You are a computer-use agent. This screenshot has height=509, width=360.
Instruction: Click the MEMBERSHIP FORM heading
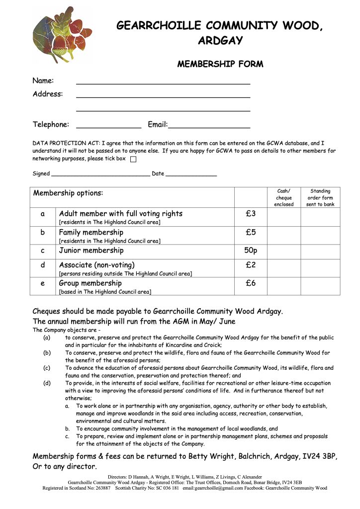pyautogui.click(x=220, y=64)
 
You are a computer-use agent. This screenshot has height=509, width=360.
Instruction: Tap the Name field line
pyautogui.click(x=163, y=83)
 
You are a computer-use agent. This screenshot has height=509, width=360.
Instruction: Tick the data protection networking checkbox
pyautogui.click(x=133, y=160)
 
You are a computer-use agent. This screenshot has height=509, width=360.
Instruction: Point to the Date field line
pyautogui.click(x=191, y=175)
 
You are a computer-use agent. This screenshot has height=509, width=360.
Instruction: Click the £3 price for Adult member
pyautogui.click(x=251, y=214)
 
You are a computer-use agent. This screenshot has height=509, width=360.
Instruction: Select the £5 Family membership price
pyautogui.click(x=251, y=232)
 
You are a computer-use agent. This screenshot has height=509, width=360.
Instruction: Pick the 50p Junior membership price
pyautogui.click(x=251, y=250)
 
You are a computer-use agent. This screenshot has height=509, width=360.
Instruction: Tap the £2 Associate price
pyautogui.click(x=251, y=265)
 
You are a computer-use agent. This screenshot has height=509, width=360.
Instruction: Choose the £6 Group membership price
pyautogui.click(x=251, y=283)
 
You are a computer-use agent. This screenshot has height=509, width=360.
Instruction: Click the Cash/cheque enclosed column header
pyautogui.click(x=284, y=197)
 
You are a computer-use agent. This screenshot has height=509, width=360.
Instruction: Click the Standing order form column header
pyautogui.click(x=320, y=197)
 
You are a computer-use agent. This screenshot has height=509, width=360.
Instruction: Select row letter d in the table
pyautogui.click(x=43, y=265)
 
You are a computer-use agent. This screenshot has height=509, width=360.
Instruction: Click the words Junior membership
pyautogui.click(x=91, y=251)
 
